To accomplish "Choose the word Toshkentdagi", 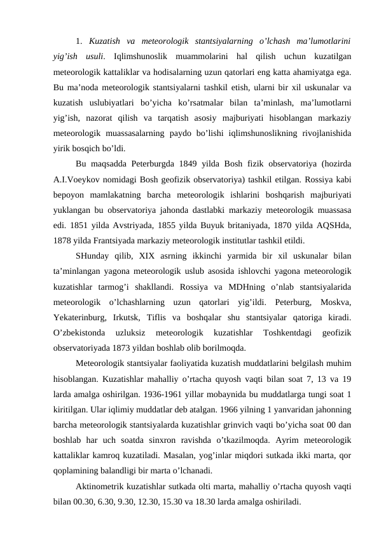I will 286,334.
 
